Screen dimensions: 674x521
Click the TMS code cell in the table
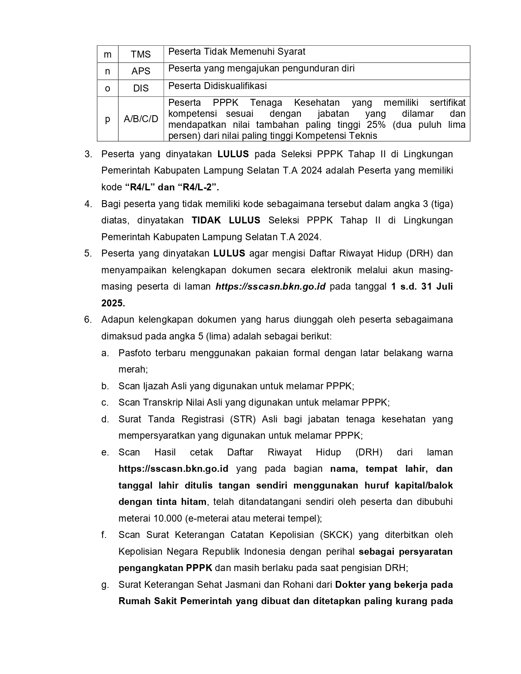click(141, 54)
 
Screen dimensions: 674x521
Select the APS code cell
click(141, 71)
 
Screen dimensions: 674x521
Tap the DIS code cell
click(141, 88)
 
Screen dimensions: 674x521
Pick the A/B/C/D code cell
click(141, 119)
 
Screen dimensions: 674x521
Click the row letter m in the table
click(107, 54)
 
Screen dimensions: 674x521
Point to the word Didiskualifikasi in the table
click(235, 86)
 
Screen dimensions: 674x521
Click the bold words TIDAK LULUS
click(226, 221)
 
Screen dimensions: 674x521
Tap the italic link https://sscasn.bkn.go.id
click(271, 286)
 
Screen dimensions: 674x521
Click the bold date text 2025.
click(113, 303)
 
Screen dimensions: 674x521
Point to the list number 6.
click(88, 319)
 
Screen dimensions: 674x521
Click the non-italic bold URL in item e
click(173, 469)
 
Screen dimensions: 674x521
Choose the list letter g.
click(105, 585)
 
